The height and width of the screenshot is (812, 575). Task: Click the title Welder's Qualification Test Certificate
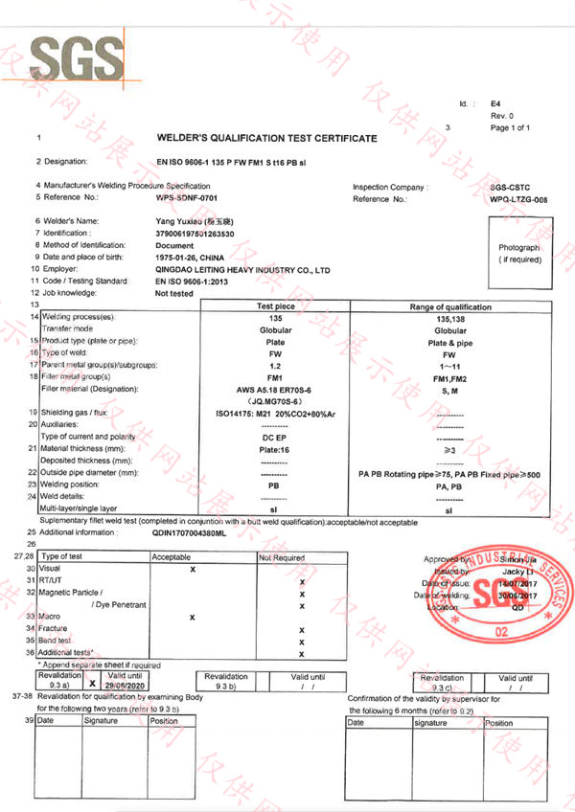point(266,139)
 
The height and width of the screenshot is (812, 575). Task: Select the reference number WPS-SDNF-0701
point(188,197)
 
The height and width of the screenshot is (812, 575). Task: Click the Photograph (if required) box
point(518,254)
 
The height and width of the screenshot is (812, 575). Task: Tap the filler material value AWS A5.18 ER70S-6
point(276,390)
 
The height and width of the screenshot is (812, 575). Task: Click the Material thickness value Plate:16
point(276,448)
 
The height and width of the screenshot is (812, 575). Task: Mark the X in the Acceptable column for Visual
point(193,569)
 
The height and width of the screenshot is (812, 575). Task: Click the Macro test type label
point(49,617)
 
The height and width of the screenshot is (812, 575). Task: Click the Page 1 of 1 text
point(510,127)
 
